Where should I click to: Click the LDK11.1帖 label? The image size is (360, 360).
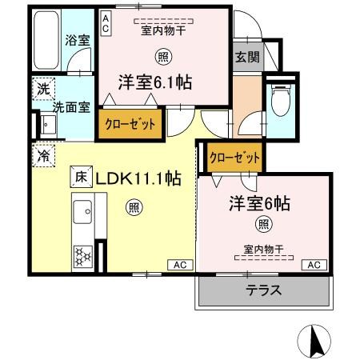[x=137, y=178]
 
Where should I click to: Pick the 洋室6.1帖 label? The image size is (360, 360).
[x=158, y=82]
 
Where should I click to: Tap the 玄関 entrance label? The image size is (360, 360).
[x=246, y=58]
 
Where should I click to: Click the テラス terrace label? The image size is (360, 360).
[x=264, y=290]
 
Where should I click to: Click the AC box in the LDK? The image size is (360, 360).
[x=179, y=264]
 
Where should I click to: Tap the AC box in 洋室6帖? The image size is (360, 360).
[x=314, y=264]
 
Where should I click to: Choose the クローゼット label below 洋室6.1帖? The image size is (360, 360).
[x=130, y=124]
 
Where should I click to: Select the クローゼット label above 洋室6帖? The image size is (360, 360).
[x=234, y=157]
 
